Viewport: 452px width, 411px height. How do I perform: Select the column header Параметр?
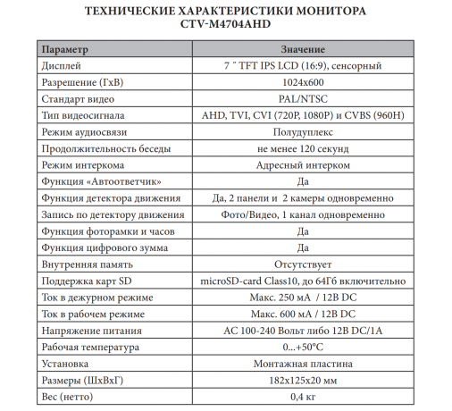point(65,48)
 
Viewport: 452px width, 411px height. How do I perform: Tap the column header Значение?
point(302,48)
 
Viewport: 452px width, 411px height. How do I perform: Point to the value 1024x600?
point(302,82)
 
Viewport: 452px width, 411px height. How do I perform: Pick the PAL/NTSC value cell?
point(302,99)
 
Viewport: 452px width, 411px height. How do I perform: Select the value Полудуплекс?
point(302,132)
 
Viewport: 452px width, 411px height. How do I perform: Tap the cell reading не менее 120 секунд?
point(302,149)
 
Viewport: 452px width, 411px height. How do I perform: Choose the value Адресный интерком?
point(302,166)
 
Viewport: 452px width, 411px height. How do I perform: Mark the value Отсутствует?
point(302,265)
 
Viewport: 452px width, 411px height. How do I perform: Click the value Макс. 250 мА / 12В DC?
point(302,298)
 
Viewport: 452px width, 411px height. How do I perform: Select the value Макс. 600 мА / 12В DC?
point(302,315)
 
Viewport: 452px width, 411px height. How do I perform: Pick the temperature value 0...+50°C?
point(302,348)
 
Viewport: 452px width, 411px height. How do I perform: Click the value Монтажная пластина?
point(302,365)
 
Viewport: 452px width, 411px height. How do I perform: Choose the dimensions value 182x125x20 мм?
point(302,382)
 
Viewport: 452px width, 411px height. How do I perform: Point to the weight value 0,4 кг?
point(302,398)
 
